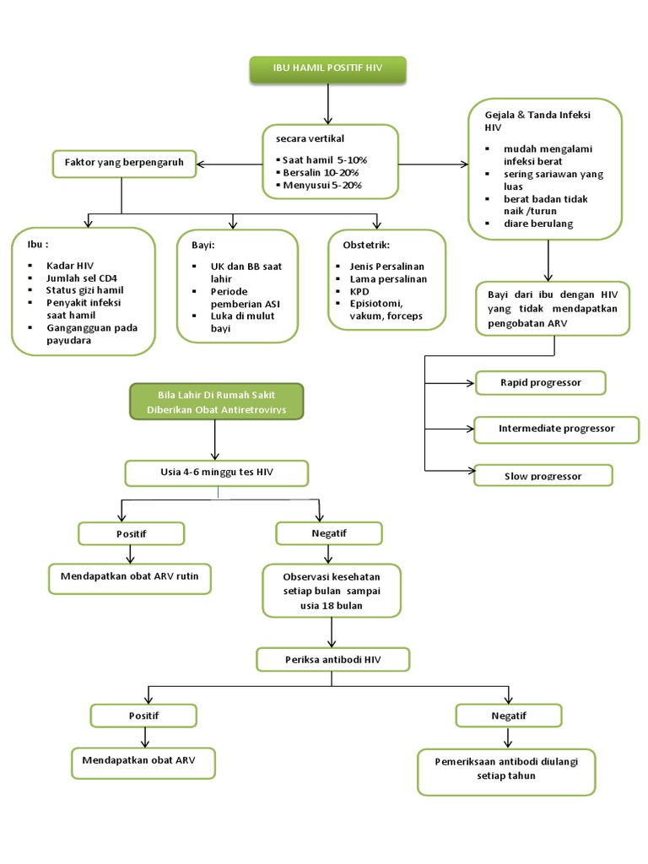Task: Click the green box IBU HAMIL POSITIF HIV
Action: tap(328, 70)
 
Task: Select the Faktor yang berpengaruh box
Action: tap(124, 163)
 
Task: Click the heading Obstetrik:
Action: tap(366, 245)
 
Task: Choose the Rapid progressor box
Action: tap(541, 382)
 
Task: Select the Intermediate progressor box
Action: tap(555, 428)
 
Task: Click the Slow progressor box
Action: tap(543, 476)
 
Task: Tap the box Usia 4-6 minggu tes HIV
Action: tap(216, 472)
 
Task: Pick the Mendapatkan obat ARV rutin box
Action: tap(129, 579)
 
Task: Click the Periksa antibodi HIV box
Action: tap(332, 658)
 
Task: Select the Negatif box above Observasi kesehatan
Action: tap(329, 533)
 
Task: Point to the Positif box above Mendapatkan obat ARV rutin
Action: tap(130, 533)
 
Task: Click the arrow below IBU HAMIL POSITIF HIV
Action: tap(328, 105)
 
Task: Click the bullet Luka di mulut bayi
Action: tap(243, 321)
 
